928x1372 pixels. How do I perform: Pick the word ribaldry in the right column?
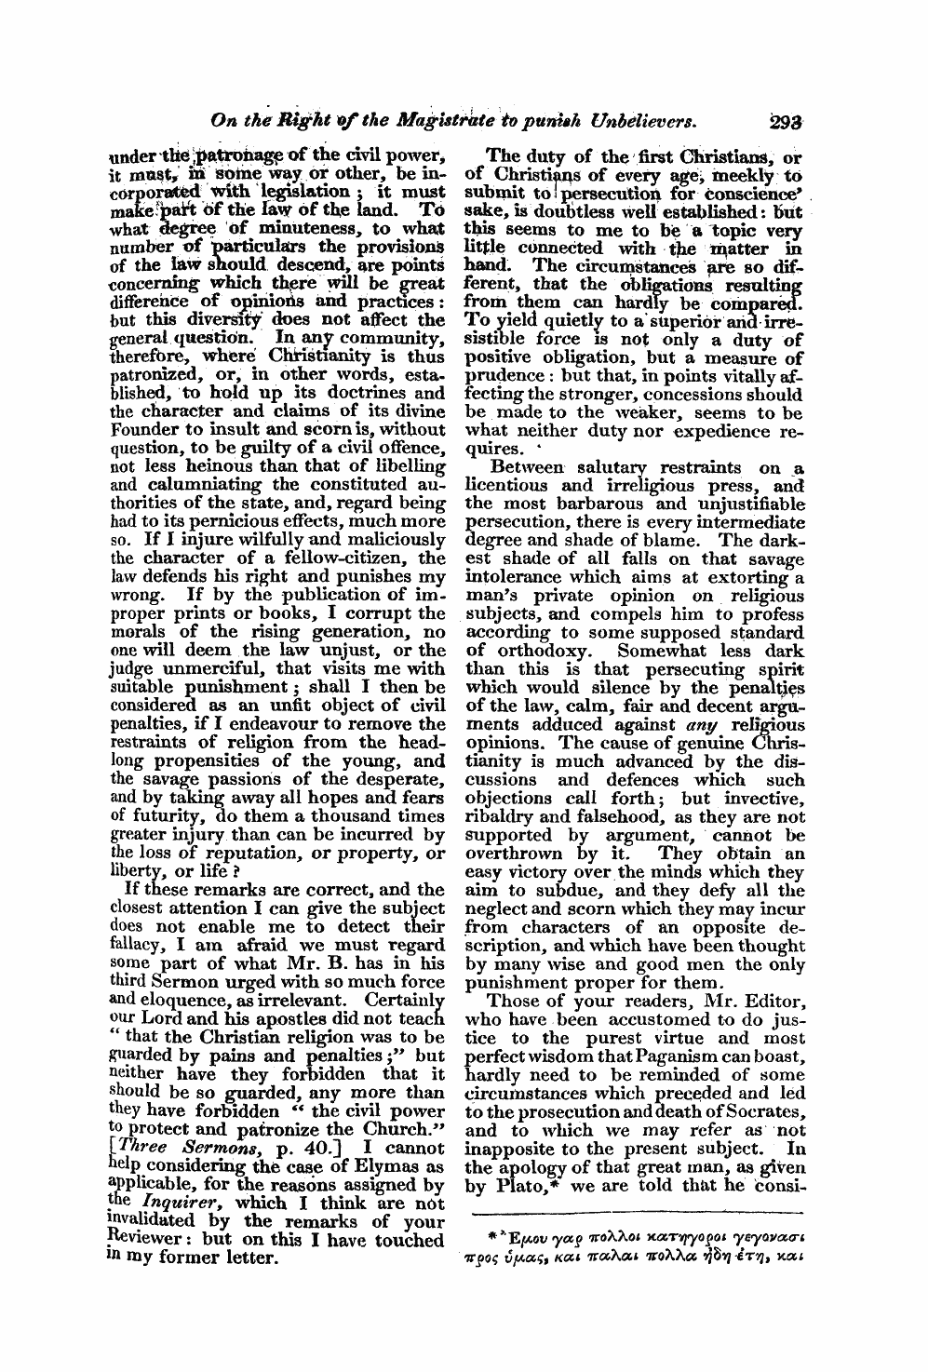click(502, 815)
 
